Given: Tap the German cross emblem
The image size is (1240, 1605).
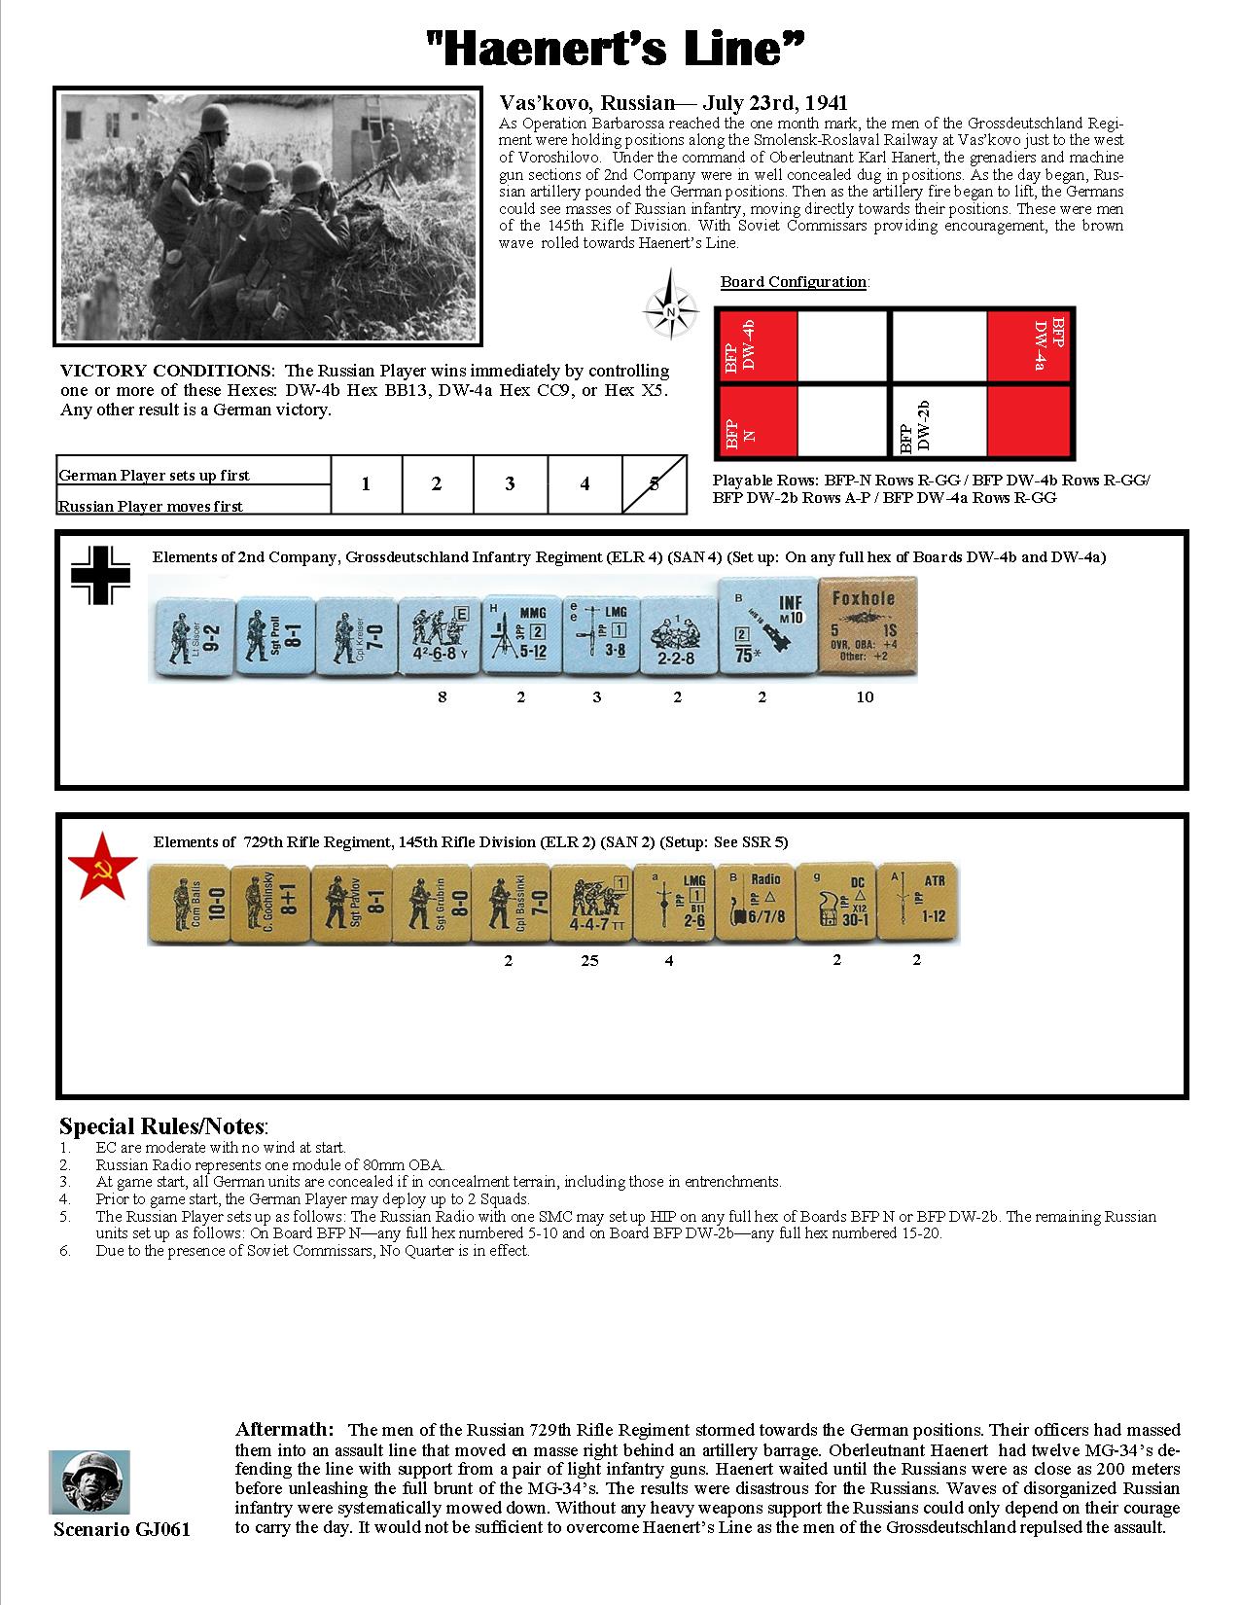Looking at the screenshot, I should tap(102, 578).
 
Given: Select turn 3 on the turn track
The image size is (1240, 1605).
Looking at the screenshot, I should tap(510, 484).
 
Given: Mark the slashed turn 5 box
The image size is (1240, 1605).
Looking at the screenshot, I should tap(654, 484).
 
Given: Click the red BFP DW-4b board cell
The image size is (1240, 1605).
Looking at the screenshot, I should tap(756, 344).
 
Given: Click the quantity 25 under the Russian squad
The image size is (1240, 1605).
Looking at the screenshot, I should tap(589, 961).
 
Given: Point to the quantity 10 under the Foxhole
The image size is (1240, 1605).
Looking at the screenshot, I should tap(865, 696).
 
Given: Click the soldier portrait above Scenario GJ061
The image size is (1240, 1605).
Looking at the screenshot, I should tap(89, 1482).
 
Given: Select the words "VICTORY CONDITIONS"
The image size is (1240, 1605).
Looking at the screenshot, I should tap(166, 371).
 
